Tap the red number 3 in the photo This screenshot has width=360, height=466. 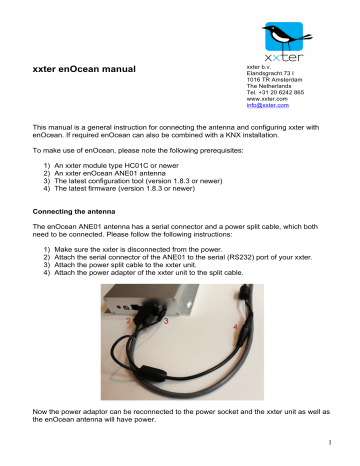[165, 322]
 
